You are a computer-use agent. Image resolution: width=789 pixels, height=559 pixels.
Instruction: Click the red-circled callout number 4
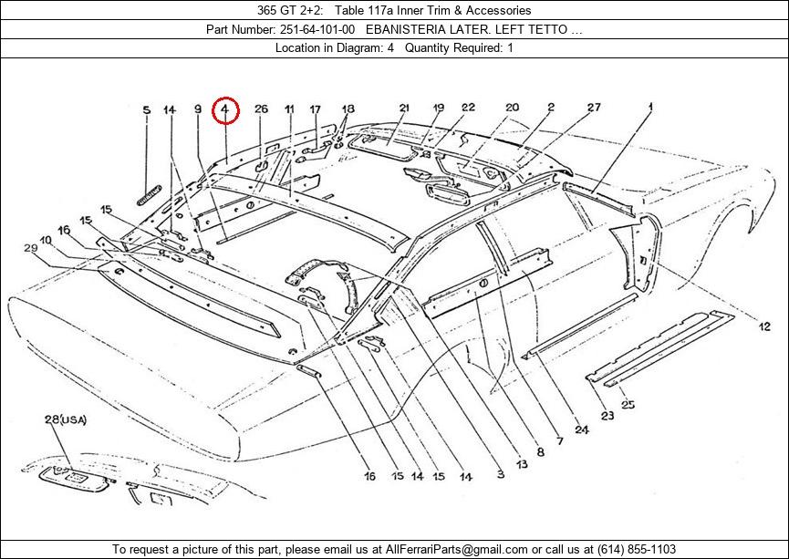(225, 110)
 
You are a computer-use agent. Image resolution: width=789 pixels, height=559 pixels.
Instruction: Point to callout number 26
(261, 109)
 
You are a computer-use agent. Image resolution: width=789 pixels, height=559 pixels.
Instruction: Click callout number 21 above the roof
(404, 108)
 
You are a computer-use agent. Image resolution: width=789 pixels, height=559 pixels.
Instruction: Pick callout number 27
(594, 108)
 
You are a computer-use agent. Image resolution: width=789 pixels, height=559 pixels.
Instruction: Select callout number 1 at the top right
(650, 107)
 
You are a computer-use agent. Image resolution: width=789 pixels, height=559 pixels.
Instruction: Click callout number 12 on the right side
(764, 326)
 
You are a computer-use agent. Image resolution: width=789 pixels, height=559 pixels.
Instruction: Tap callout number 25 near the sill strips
(628, 405)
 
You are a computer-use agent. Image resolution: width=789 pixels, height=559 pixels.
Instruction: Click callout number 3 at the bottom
(500, 474)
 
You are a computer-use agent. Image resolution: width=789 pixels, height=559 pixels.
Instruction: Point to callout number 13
(521, 464)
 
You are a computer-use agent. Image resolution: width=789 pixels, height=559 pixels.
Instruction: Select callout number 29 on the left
(30, 248)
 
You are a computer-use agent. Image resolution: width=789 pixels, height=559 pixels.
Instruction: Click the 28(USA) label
(65, 419)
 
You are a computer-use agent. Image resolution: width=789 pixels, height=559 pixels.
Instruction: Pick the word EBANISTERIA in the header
(409, 29)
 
